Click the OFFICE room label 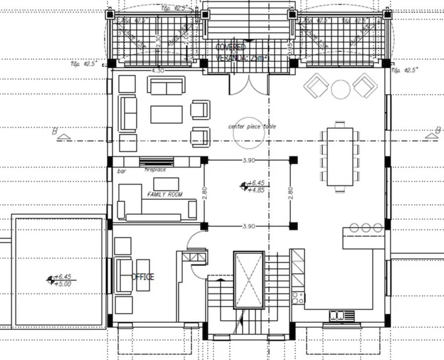click(143, 277)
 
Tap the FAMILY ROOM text click(165, 195)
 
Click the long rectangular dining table click(340, 157)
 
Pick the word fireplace click(155, 170)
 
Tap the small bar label click(121, 171)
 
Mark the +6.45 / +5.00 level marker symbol click(50, 280)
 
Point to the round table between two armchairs click(341, 88)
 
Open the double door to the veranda click(249, 84)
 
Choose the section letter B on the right click(428, 132)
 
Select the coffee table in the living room click(166, 114)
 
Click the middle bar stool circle click(366, 228)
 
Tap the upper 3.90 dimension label click(249, 160)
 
